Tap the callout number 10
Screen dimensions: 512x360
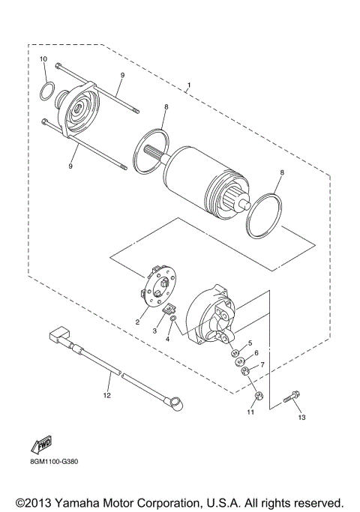coord(43,58)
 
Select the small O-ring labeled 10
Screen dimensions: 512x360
coord(46,91)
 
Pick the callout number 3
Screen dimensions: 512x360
coord(154,330)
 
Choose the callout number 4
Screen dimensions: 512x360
coord(168,340)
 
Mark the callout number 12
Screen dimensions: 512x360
coord(106,394)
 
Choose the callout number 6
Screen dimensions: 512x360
coord(256,353)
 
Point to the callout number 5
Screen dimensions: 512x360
coord(250,343)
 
